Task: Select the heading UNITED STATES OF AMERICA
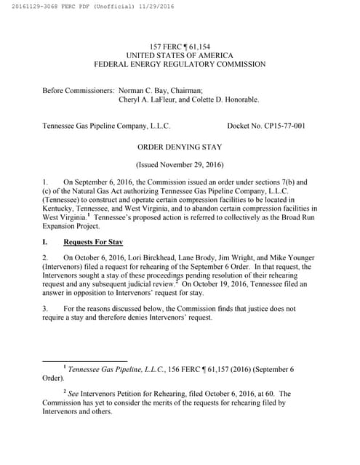click(x=180, y=55)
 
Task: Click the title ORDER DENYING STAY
click(x=180, y=146)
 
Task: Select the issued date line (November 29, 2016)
click(x=180, y=165)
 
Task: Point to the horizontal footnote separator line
click(x=85, y=360)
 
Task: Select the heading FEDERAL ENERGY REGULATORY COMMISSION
click(x=180, y=64)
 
